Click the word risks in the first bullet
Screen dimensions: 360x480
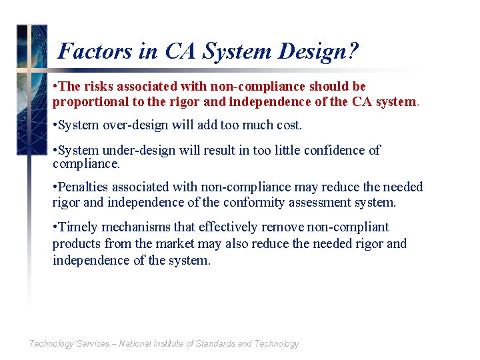101,87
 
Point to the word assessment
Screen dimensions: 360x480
333,202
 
